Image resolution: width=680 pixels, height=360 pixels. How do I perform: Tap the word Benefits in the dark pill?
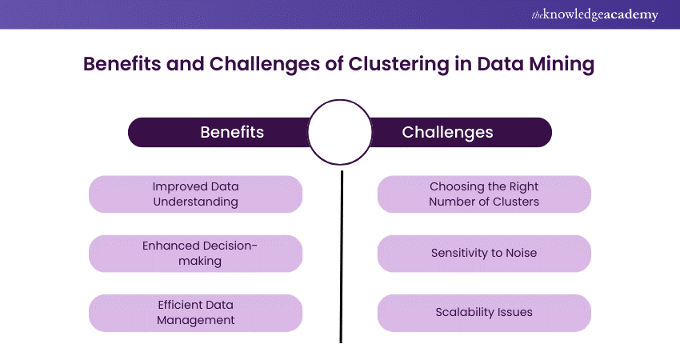232,132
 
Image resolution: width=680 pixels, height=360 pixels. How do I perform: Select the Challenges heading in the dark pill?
447,132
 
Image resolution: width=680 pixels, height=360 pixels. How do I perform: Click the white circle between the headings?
340,131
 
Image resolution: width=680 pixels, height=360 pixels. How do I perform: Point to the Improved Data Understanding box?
196,194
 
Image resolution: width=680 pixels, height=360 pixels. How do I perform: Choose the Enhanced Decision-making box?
196,254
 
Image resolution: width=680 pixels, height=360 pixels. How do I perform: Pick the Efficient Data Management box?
196,313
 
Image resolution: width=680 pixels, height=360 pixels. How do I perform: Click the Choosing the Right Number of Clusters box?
484,194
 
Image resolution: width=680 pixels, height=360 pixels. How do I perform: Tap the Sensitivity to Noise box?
484,254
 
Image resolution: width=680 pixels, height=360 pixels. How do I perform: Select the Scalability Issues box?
484,313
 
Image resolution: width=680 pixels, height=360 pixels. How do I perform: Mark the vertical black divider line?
342,256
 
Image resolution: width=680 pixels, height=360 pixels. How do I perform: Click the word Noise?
520,254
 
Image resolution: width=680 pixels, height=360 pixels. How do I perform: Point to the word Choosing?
455,187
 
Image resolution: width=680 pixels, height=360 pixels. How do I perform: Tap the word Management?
196,320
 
